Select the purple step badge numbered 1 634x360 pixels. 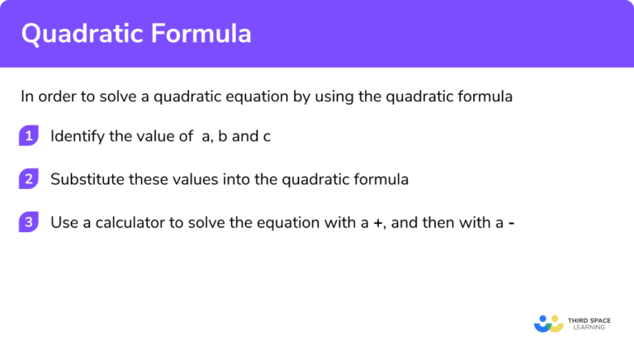pos(30,136)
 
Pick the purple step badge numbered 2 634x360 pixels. pos(30,178)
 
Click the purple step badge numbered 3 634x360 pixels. pos(30,221)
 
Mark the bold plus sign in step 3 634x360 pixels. pos(377,221)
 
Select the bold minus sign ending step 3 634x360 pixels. pos(513,221)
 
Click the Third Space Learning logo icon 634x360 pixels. pos(548,323)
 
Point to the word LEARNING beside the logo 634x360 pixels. pos(586,328)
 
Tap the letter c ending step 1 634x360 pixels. pos(267,136)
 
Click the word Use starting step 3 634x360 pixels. pos(62,221)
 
